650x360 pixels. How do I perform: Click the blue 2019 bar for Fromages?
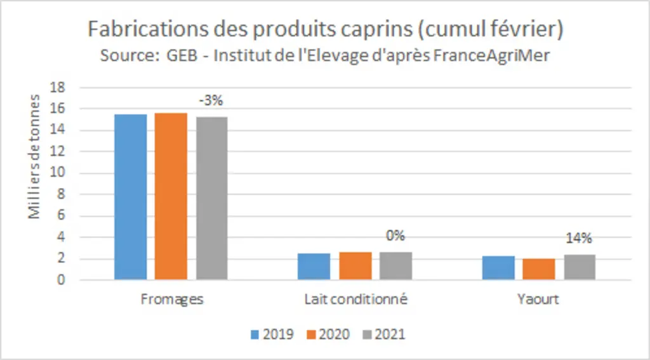pyautogui.click(x=131, y=197)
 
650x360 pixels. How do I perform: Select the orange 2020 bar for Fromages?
pyautogui.click(x=171, y=196)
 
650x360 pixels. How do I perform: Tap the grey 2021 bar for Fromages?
pyautogui.click(x=212, y=198)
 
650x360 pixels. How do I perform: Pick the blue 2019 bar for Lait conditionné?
pyautogui.click(x=314, y=266)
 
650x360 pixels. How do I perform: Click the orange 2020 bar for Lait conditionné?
pyautogui.click(x=355, y=266)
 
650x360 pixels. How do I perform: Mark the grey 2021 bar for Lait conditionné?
pyautogui.click(x=396, y=266)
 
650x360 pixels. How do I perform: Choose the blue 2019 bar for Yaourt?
pyautogui.click(x=498, y=268)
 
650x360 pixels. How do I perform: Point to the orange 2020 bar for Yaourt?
pyautogui.click(x=538, y=269)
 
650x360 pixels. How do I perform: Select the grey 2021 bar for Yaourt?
pyautogui.click(x=580, y=267)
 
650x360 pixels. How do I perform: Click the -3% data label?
pyautogui.click(x=211, y=101)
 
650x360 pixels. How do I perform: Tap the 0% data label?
pyautogui.click(x=395, y=236)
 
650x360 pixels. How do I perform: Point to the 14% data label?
pyautogui.click(x=579, y=239)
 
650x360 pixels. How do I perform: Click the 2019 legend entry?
pyautogui.click(x=272, y=334)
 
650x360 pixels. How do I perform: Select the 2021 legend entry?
pyautogui.click(x=384, y=334)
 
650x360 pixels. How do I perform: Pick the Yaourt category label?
pyautogui.click(x=538, y=299)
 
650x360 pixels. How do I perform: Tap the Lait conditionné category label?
pyautogui.click(x=355, y=299)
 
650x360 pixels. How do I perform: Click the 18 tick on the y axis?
pyautogui.click(x=58, y=88)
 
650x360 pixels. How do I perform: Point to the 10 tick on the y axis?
pyautogui.click(x=58, y=173)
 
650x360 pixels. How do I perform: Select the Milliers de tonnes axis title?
pyautogui.click(x=34, y=157)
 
